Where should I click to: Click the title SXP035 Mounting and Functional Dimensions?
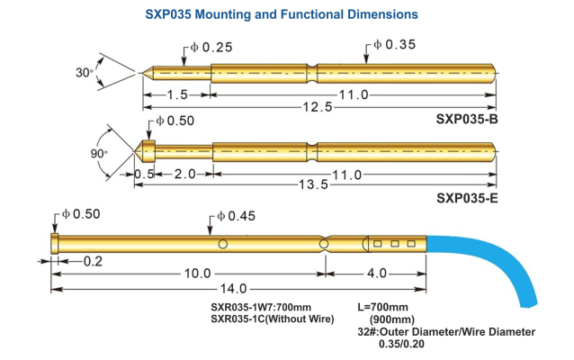click(282, 14)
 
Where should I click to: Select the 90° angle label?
click(98, 154)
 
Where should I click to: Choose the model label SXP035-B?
click(468, 120)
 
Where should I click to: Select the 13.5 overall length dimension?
click(312, 184)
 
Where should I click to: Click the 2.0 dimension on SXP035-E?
click(184, 174)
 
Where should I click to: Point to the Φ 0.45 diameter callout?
click(237, 217)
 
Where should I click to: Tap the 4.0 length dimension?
click(375, 272)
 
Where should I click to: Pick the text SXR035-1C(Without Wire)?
click(273, 318)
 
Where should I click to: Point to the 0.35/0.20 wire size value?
click(401, 344)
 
